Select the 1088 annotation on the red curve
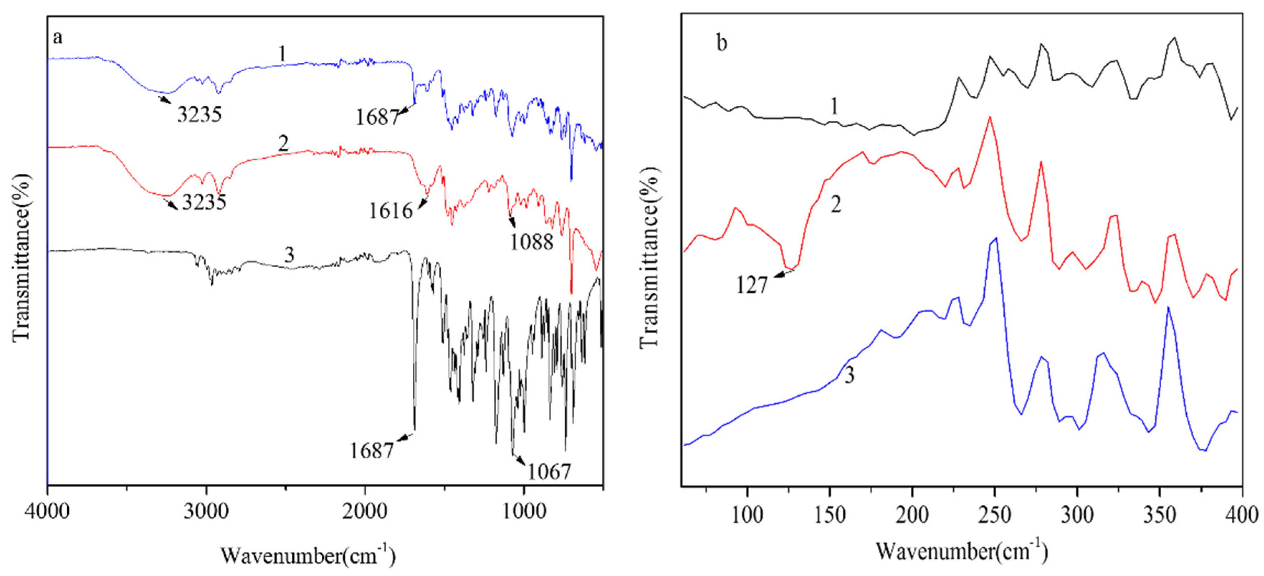pyautogui.click(x=531, y=242)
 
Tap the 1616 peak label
pyautogui.click(x=391, y=211)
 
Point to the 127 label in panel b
pyautogui.click(x=751, y=285)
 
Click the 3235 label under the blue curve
pyautogui.click(x=199, y=114)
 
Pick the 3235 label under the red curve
pyautogui.click(x=204, y=202)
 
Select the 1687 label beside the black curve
pyautogui.click(x=372, y=450)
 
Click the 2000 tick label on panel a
pyautogui.click(x=365, y=512)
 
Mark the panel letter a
pyautogui.click(x=58, y=37)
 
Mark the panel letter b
pyautogui.click(x=722, y=44)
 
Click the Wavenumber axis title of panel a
pyautogui.click(x=308, y=555)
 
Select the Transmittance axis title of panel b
pyautogui.click(x=650, y=257)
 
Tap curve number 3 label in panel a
pyautogui.click(x=289, y=255)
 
